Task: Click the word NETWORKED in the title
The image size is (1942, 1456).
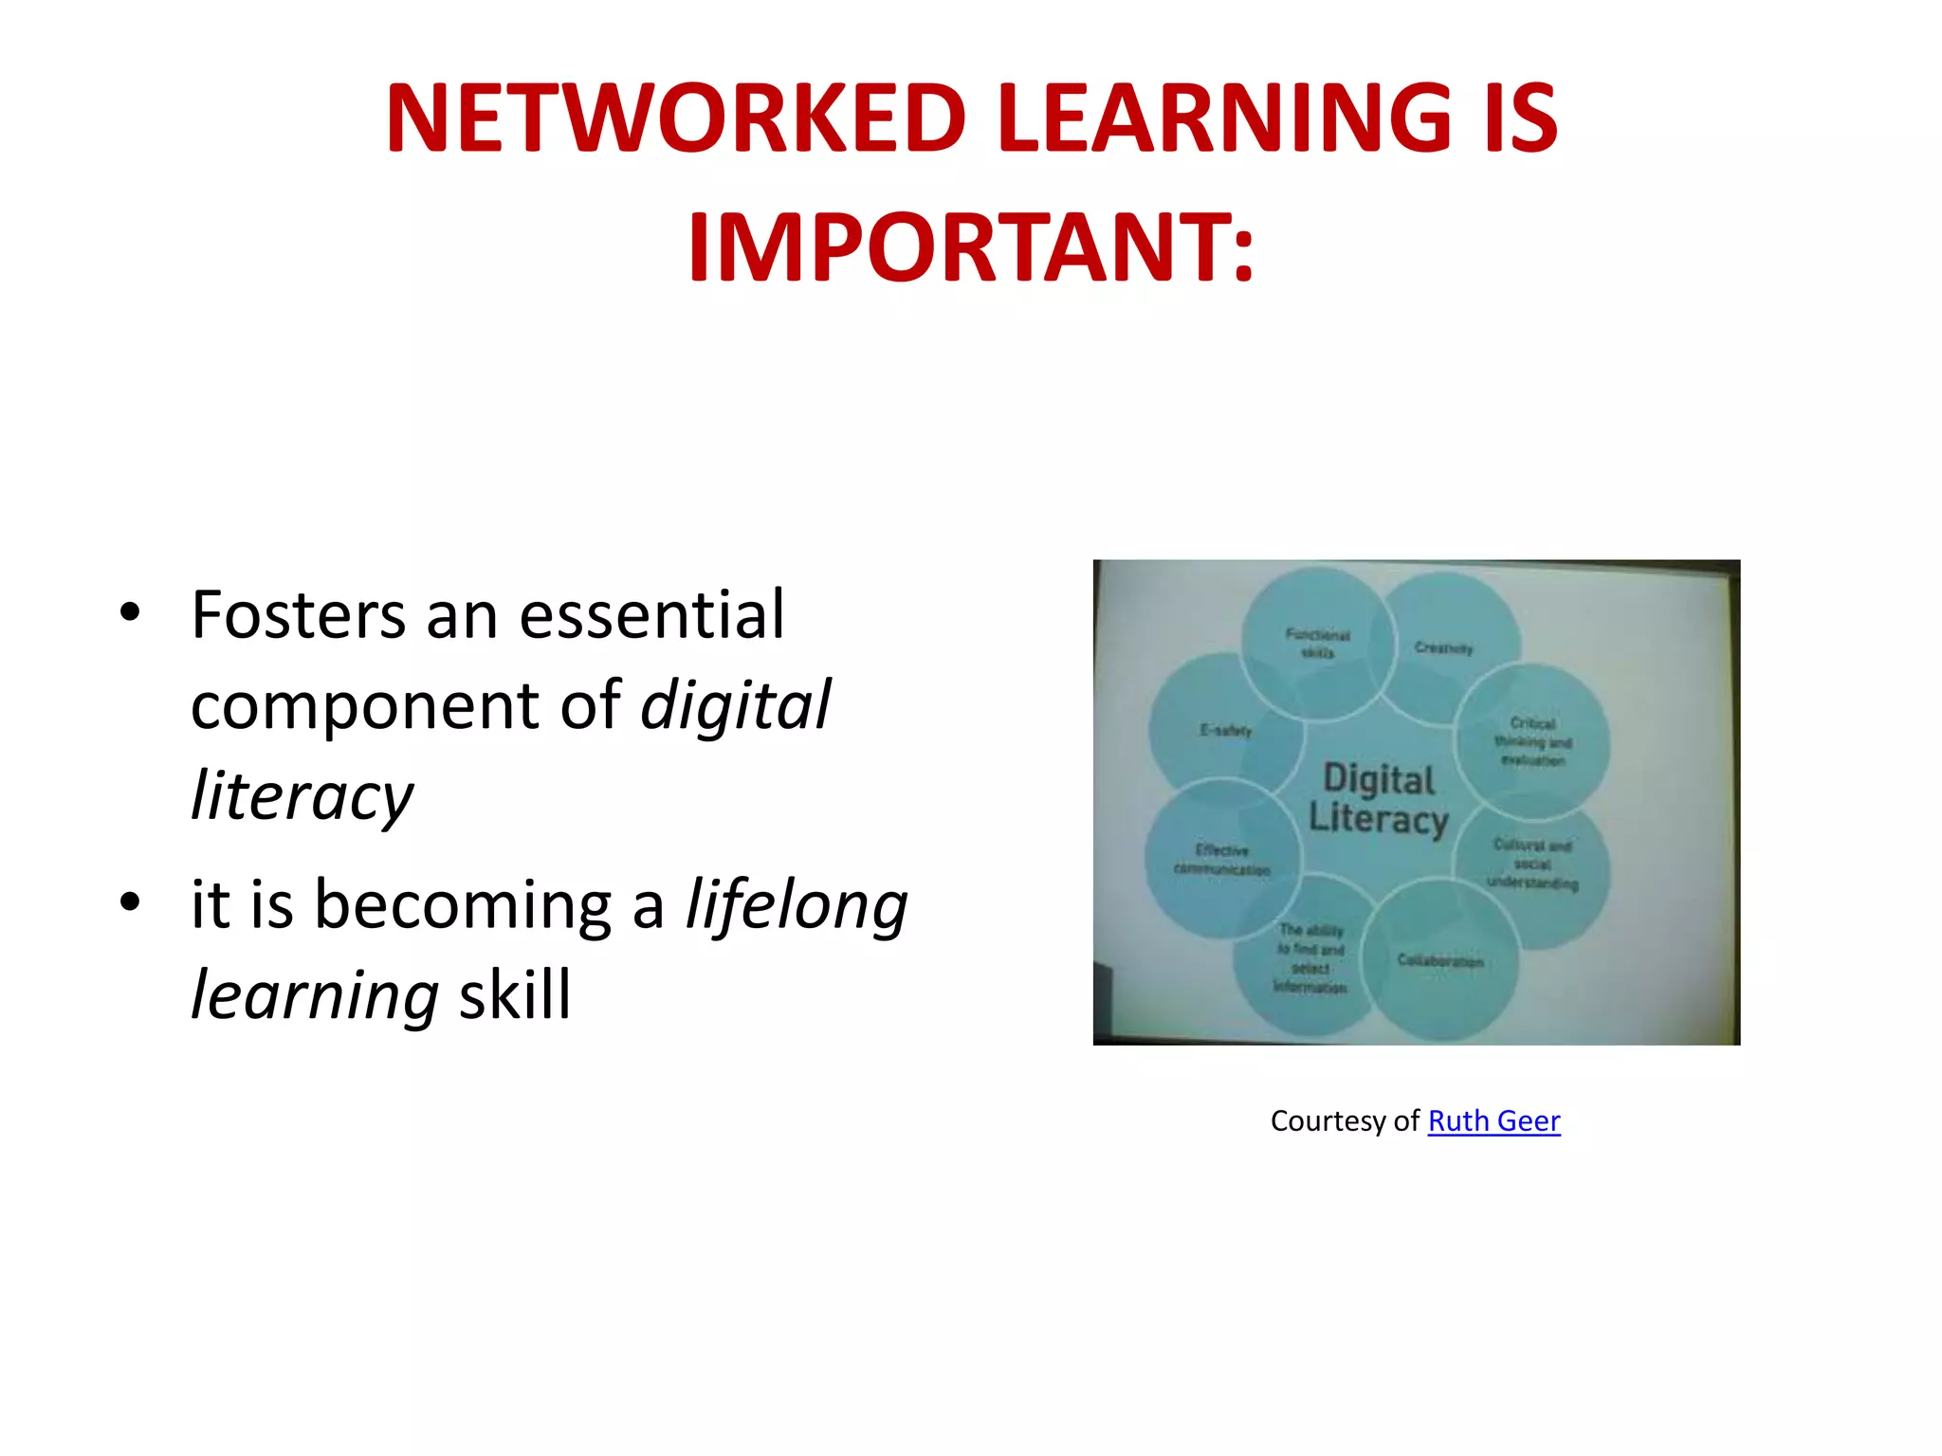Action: (675, 118)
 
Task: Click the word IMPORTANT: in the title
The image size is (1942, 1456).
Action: (971, 248)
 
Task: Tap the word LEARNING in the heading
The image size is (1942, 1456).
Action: (1223, 118)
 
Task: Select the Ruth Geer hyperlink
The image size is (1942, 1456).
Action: (1493, 1121)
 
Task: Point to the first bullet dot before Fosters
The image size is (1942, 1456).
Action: (131, 613)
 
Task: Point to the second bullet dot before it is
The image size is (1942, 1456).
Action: (131, 902)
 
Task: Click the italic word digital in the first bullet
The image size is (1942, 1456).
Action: (735, 706)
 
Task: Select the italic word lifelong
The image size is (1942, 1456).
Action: (797, 905)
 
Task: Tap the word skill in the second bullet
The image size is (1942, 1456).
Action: (515, 995)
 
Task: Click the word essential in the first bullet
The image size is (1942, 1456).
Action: (651, 616)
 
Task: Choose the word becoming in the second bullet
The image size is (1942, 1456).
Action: (463, 905)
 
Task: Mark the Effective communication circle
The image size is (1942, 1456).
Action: (1220, 860)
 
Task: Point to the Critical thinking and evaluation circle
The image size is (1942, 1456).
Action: (1532, 741)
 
